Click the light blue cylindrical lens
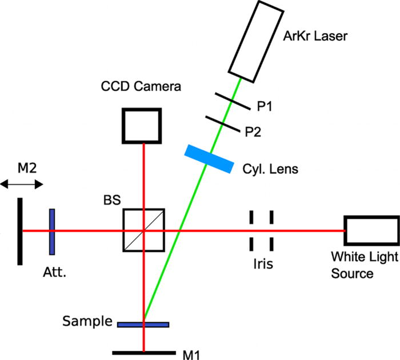[209, 158]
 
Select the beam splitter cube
[143, 230]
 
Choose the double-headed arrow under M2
[22, 184]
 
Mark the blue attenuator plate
[52, 231]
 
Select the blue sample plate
[143, 325]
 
